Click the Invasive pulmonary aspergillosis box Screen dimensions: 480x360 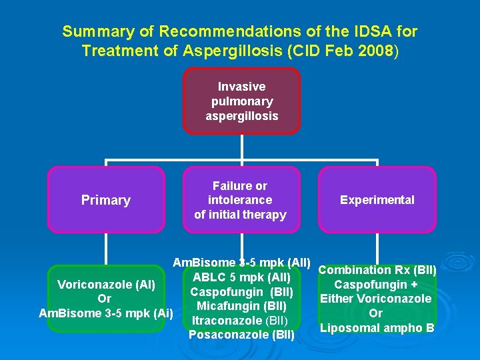tap(241, 101)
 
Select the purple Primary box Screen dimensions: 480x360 tap(105, 200)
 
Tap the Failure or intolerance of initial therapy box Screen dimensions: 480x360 tap(240, 200)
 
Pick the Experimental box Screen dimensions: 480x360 tap(377, 200)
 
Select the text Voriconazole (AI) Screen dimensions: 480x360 tap(106, 285)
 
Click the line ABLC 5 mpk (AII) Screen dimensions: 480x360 tap(241, 277)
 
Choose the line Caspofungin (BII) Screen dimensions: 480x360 tap(241, 292)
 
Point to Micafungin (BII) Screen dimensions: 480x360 tap(241, 306)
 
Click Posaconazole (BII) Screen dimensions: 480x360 tap(241, 335)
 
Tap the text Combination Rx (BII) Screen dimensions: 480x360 tap(377, 270)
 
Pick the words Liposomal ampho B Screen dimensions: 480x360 tap(377, 328)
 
